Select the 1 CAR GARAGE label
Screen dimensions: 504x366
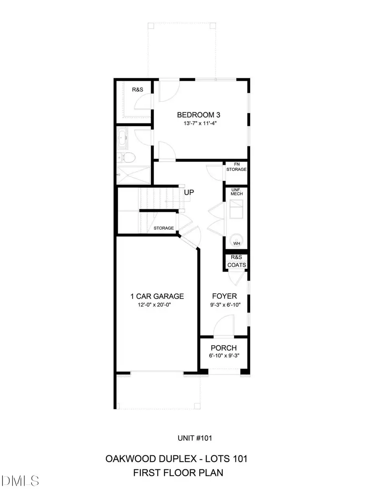click(x=157, y=296)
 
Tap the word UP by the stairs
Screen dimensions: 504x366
click(x=188, y=192)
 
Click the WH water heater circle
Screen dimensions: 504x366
click(x=236, y=240)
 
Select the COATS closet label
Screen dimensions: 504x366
click(x=236, y=265)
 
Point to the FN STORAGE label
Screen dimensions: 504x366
click(x=236, y=167)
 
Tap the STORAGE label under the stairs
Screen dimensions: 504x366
click(x=163, y=228)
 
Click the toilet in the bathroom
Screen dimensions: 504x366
click(x=127, y=157)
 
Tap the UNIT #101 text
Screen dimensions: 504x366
click(x=195, y=438)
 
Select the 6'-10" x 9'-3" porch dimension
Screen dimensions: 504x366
click(x=224, y=356)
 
